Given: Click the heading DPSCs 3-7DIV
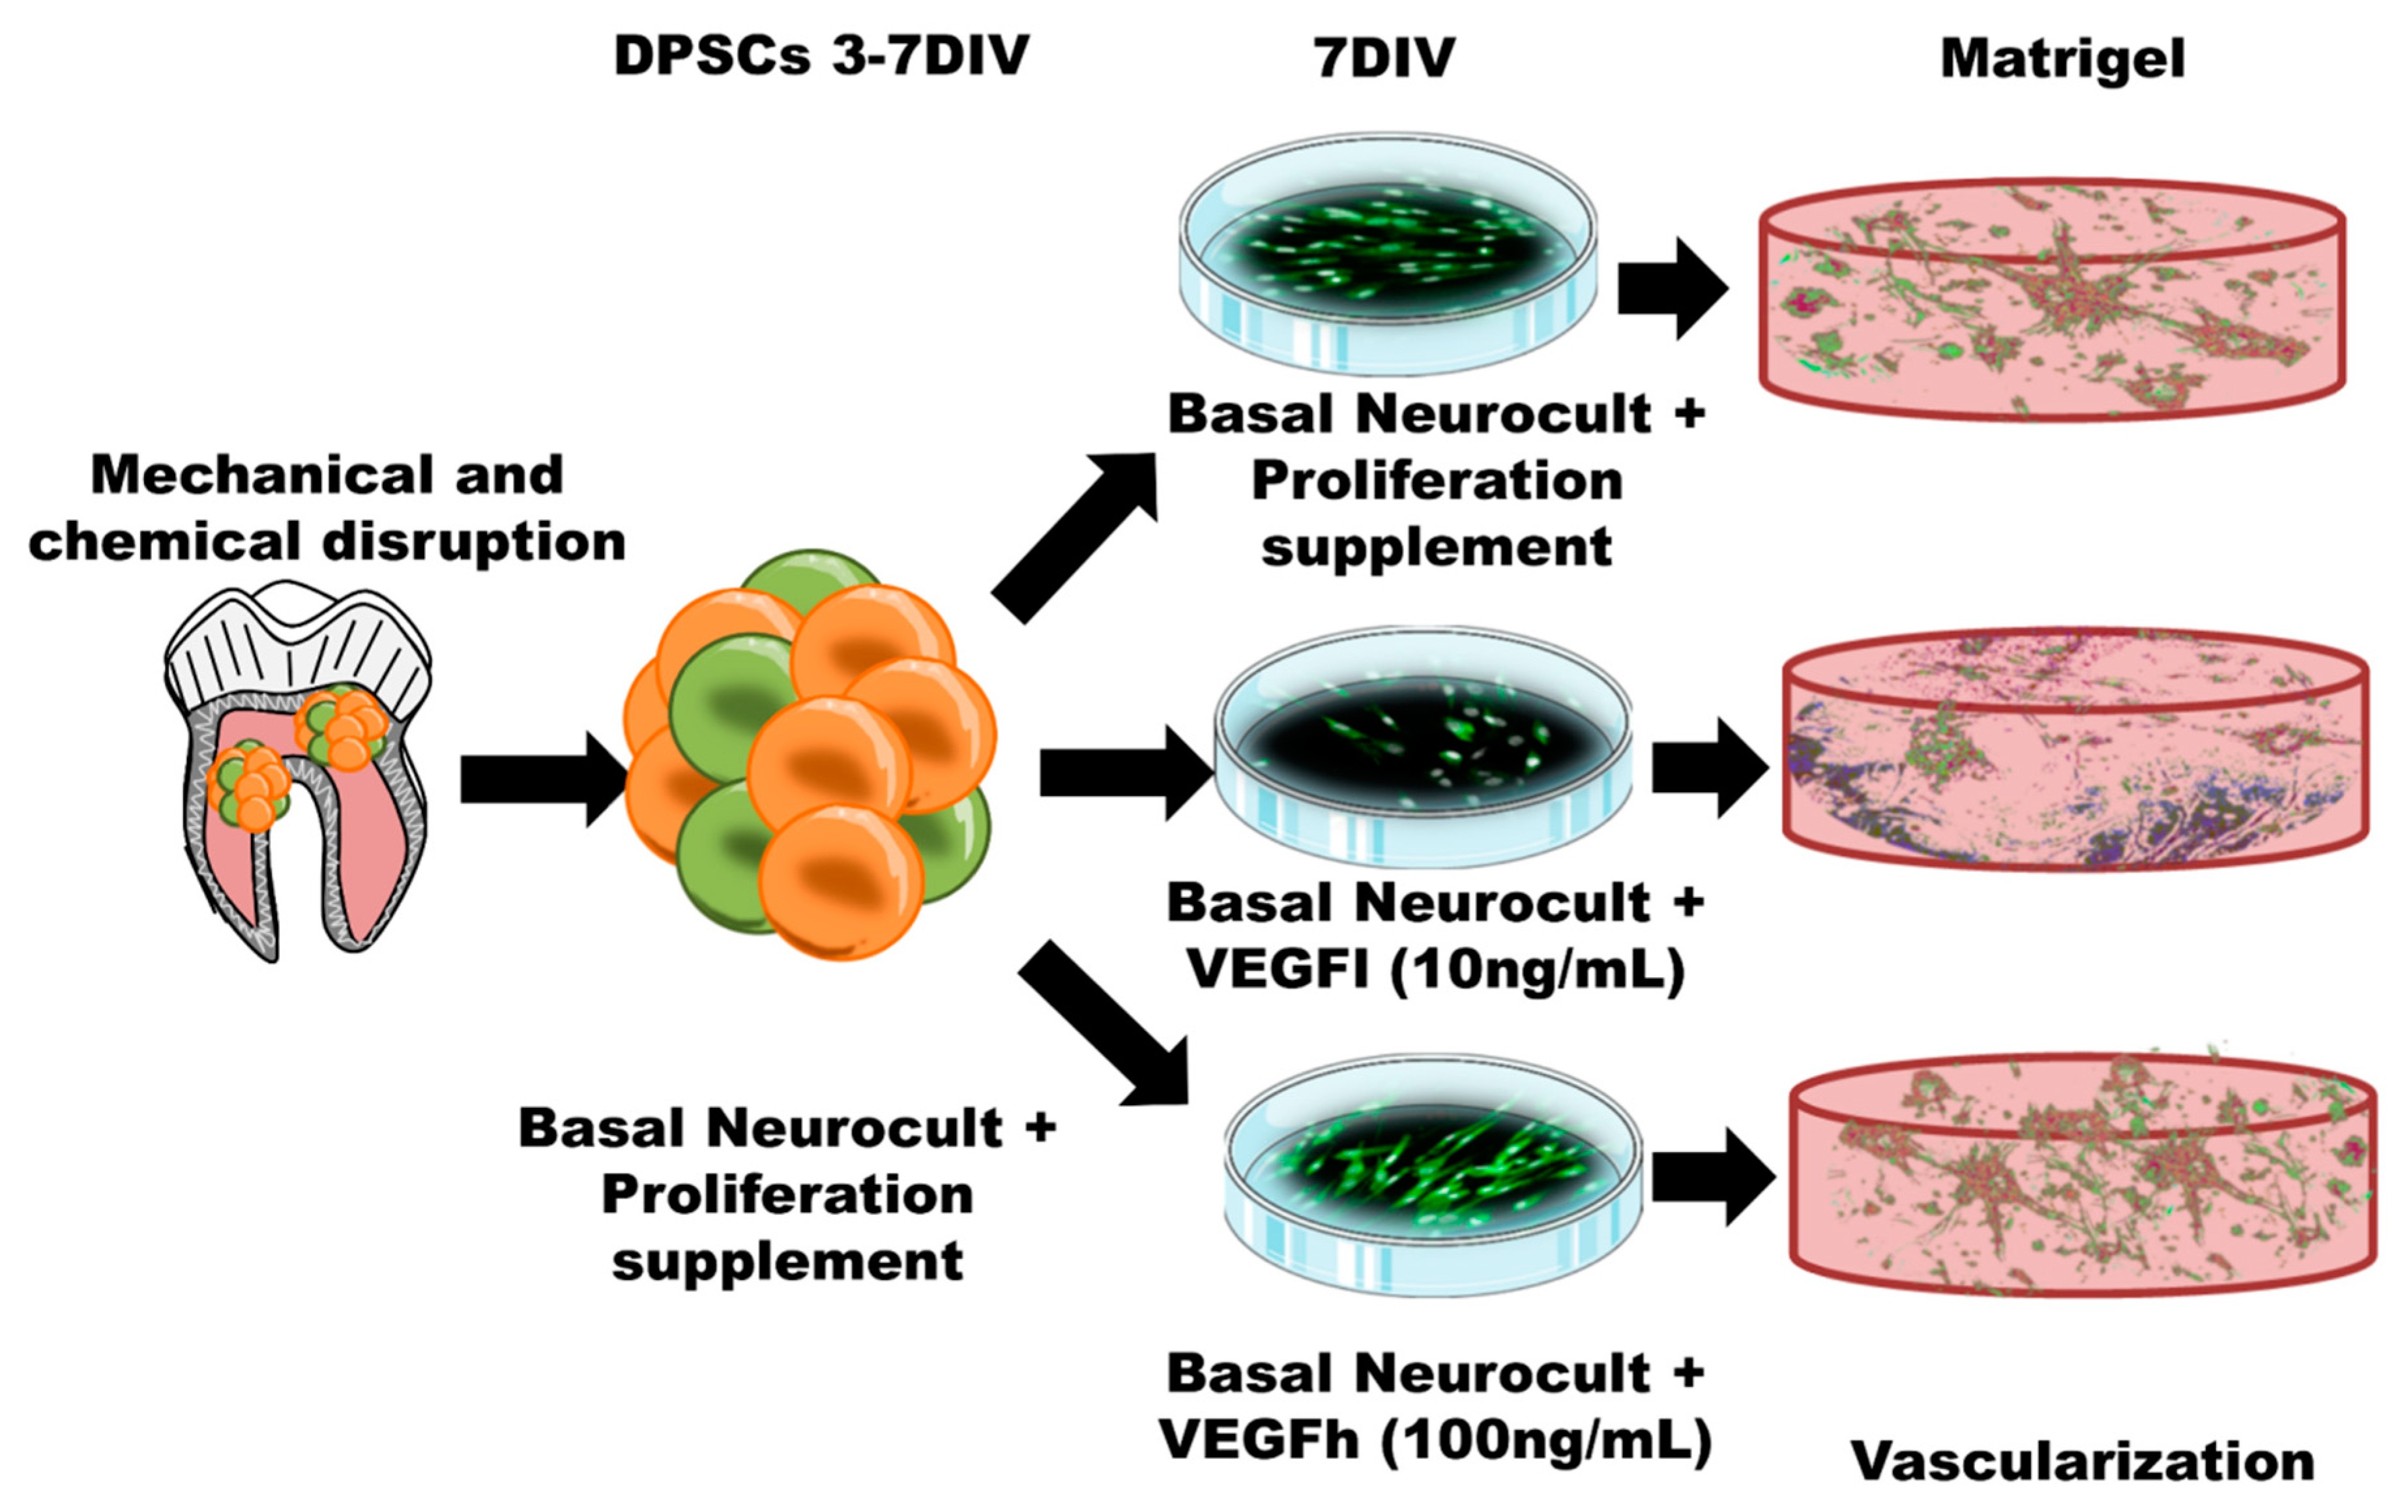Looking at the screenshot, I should click(x=821, y=56).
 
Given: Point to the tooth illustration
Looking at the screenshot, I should click(x=297, y=772).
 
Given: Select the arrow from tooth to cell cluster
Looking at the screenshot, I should click(x=543, y=779).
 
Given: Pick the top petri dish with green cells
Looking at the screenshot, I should click(x=1387, y=254).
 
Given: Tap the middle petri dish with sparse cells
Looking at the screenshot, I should click(x=1422, y=747).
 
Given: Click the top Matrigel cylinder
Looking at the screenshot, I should click(x=2051, y=299).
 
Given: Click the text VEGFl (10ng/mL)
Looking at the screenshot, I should click(x=1436, y=969).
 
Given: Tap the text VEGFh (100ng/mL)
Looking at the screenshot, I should click(x=1436, y=1440).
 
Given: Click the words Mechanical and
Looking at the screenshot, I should click(x=327, y=475).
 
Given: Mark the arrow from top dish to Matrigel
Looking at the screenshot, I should click(x=1671, y=289).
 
